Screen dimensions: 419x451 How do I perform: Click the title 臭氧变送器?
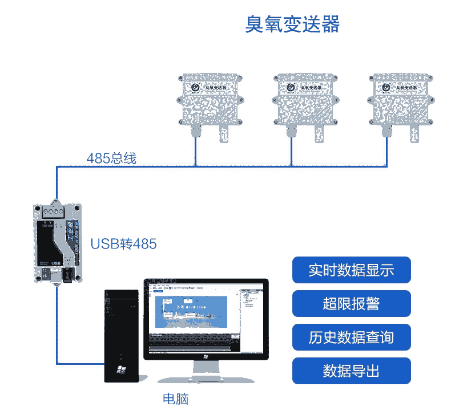[x=292, y=25]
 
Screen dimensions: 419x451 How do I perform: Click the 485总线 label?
[x=111, y=158]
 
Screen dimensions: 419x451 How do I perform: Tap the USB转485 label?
[x=123, y=244]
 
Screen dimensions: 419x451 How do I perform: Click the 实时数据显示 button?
[x=351, y=270]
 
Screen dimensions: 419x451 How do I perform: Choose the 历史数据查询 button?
[x=351, y=337]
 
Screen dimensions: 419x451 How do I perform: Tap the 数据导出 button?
[x=351, y=371]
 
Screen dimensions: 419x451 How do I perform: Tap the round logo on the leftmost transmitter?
[x=195, y=87]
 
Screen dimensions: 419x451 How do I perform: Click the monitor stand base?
[x=205, y=379]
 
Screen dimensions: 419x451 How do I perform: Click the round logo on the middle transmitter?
[x=291, y=87]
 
